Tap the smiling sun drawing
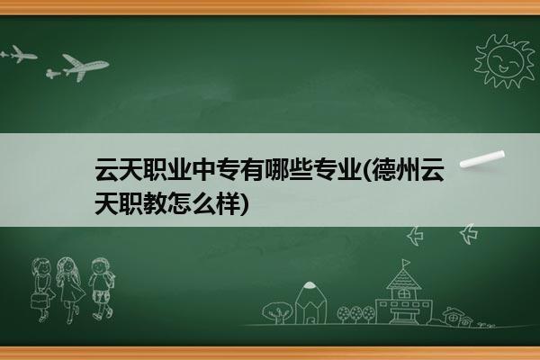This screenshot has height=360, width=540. (504, 61)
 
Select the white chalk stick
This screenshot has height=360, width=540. (481, 159)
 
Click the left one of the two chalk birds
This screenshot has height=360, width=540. (415, 236)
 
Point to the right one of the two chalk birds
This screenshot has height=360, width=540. (469, 234)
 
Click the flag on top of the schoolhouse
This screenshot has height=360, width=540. (407, 263)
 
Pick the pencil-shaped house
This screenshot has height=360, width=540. (310, 302)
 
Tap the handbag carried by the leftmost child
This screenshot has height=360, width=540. (39, 301)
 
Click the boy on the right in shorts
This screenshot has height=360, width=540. (102, 289)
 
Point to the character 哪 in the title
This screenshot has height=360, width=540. (276, 169)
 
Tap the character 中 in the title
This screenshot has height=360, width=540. (203, 169)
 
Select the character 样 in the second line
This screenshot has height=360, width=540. (228, 203)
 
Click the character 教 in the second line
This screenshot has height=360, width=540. (156, 203)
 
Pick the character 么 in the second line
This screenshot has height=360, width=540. (203, 203)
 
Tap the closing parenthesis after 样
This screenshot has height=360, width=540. (244, 204)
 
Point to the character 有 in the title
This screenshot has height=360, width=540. (252, 169)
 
